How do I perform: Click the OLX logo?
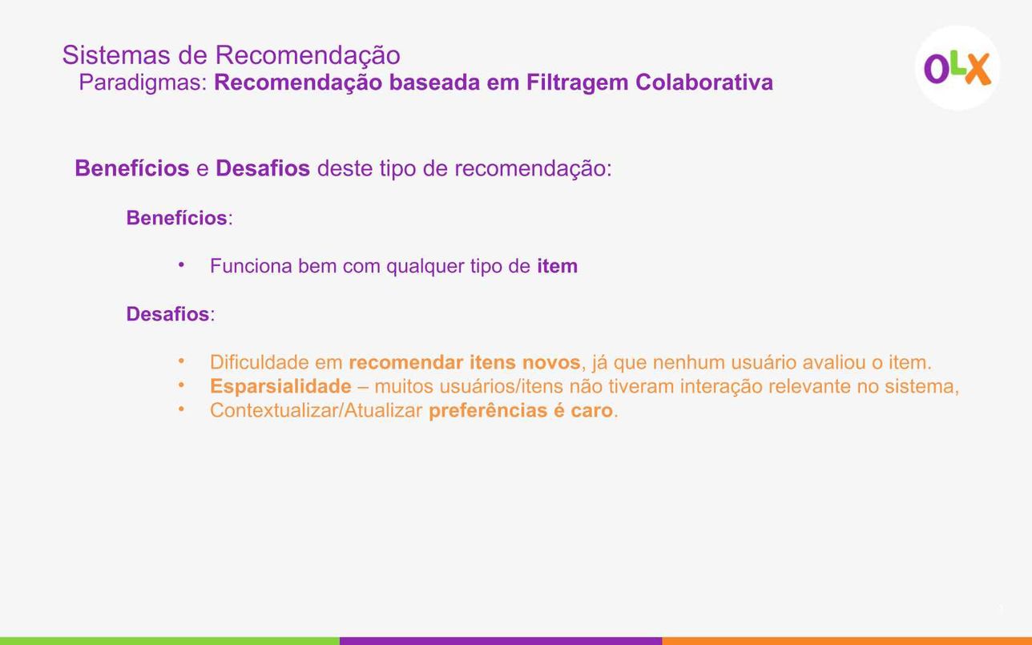(x=957, y=68)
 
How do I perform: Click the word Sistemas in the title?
(x=116, y=54)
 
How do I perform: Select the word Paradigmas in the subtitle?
(x=143, y=83)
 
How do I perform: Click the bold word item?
(x=557, y=266)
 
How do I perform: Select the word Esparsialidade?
(x=280, y=386)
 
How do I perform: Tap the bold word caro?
(x=591, y=410)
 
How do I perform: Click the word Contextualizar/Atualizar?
(x=316, y=410)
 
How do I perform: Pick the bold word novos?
(x=551, y=363)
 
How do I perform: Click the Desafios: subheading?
(x=171, y=314)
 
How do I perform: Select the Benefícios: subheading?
(x=179, y=218)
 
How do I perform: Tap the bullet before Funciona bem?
(x=182, y=265)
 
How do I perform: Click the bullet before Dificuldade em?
(x=182, y=361)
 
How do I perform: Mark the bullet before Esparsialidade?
(x=182, y=385)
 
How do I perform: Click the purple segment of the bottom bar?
(x=501, y=641)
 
